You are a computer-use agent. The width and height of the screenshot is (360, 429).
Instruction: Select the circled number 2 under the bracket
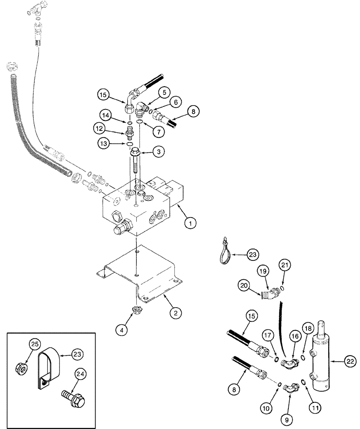tap(175, 313)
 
